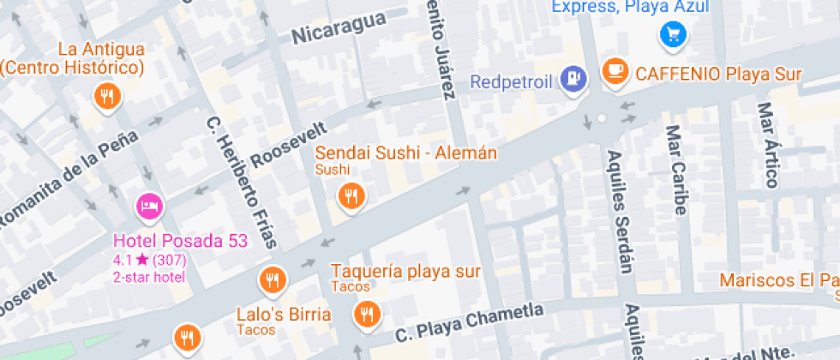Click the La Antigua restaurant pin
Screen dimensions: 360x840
[107, 95]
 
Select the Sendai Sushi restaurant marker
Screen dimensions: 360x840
[350, 196]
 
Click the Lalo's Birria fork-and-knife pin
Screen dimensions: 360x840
[273, 279]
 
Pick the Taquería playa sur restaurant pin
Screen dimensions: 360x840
[368, 314]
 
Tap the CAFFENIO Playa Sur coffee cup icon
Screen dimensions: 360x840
[615, 71]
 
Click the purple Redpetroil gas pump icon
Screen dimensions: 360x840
[572, 81]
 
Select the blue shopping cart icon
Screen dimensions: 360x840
[671, 35]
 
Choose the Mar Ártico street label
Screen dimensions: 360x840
[768, 145]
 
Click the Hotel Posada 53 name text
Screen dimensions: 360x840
[180, 241]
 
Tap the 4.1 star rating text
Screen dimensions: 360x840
[150, 259]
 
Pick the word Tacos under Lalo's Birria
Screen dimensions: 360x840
[255, 330]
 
